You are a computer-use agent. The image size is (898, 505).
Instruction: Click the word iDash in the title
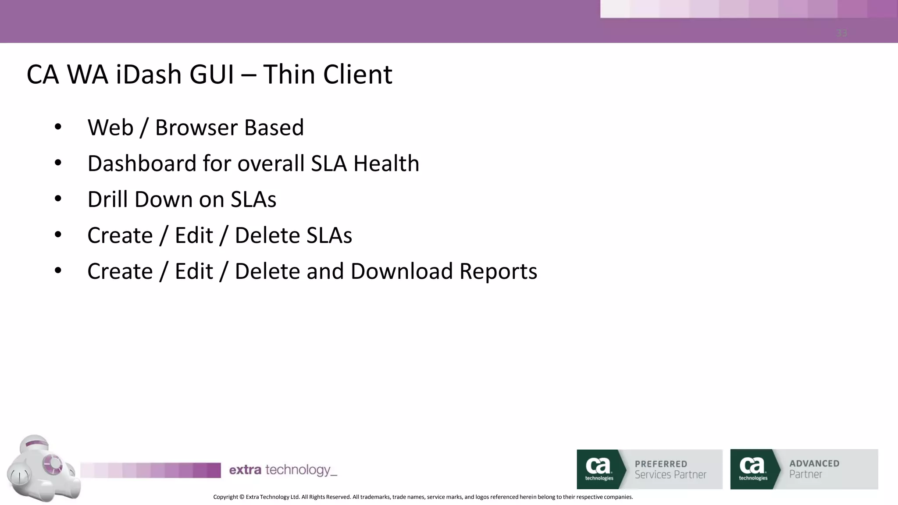point(149,74)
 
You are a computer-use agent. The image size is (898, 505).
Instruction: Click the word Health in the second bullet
point(386,164)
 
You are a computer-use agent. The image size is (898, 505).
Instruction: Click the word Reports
point(498,271)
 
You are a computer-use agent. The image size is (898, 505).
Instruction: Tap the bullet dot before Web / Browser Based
point(58,128)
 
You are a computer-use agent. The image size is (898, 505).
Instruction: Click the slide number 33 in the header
point(841,33)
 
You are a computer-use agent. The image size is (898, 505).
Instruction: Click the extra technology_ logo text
point(283,470)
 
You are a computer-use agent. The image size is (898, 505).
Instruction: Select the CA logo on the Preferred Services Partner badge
point(599,468)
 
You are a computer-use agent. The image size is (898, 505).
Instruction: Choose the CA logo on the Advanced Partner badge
point(753,468)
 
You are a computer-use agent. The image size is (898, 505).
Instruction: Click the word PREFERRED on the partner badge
point(661,464)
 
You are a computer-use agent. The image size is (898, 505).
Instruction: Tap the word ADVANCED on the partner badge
point(814,463)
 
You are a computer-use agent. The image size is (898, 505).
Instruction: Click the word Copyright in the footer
point(225,497)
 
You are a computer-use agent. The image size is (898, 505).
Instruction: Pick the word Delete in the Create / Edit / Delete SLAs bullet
point(267,235)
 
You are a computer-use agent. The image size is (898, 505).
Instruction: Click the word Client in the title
point(357,74)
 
